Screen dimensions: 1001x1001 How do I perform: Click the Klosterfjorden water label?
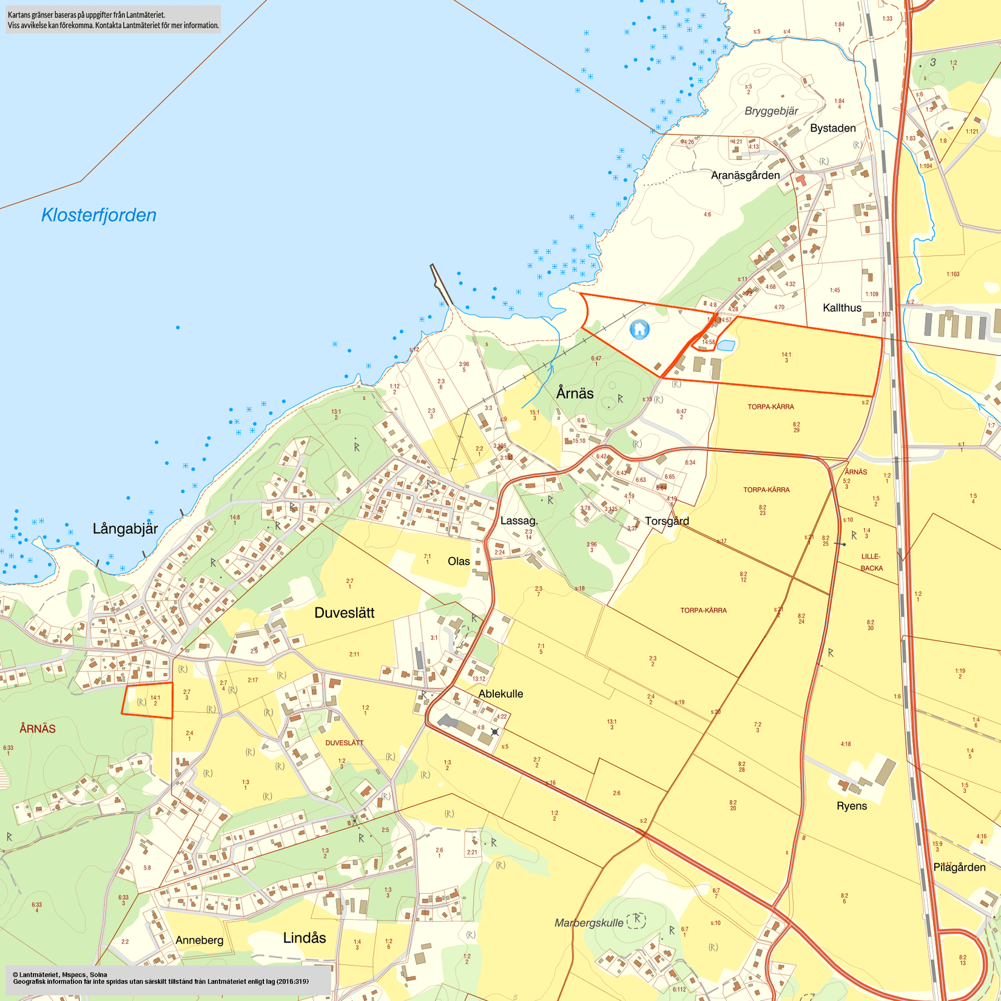[x=99, y=215]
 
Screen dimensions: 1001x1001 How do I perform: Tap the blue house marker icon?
[x=639, y=329]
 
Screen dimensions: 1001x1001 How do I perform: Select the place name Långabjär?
[x=125, y=529]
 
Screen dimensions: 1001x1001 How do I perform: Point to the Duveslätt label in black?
[x=344, y=613]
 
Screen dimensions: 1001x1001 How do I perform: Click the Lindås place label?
[x=305, y=938]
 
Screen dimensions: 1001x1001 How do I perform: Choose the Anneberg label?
[x=200, y=940]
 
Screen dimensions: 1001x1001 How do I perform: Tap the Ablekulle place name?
[x=500, y=694]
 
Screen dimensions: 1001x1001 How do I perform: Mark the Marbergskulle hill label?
[x=588, y=923]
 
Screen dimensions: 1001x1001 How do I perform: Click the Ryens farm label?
[x=852, y=806]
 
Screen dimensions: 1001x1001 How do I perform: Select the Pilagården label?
[x=959, y=868]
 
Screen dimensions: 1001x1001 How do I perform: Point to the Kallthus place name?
[x=842, y=308]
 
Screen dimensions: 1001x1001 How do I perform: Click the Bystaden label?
[x=833, y=128]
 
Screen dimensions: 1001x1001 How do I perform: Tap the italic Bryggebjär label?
[x=771, y=111]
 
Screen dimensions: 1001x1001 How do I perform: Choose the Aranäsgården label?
[x=745, y=175]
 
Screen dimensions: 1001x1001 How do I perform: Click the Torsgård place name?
[x=667, y=521]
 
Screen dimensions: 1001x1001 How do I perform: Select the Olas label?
[x=459, y=561]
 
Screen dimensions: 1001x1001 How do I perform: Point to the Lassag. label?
[x=519, y=521]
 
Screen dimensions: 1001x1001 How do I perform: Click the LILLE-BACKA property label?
[x=871, y=562]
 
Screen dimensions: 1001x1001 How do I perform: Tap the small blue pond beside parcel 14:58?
[x=726, y=346]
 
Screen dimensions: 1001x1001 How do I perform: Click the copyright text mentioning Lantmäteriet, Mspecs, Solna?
[x=60, y=974]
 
